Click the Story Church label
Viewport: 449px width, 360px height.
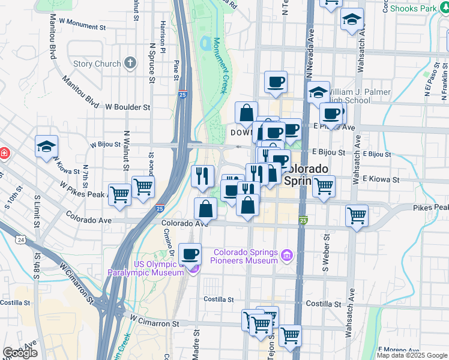[x=97, y=64]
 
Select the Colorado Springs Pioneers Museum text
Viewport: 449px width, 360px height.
[x=246, y=256]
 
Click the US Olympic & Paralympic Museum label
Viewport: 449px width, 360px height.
[x=145, y=268]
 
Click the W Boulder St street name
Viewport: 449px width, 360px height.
[x=127, y=107]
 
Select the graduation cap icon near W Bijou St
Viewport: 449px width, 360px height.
[x=46, y=146]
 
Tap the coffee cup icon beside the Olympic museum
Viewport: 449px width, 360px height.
[x=190, y=254]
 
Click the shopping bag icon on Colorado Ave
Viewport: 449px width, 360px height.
[x=206, y=209]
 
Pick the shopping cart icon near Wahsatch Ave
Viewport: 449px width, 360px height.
[x=357, y=215]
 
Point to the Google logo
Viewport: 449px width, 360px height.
[x=19, y=353]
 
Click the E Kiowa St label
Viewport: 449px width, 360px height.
[x=381, y=179]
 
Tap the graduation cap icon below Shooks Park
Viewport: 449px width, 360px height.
[x=352, y=20]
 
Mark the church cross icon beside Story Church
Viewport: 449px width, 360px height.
[x=130, y=64]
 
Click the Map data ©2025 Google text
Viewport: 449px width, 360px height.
[x=412, y=355]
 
